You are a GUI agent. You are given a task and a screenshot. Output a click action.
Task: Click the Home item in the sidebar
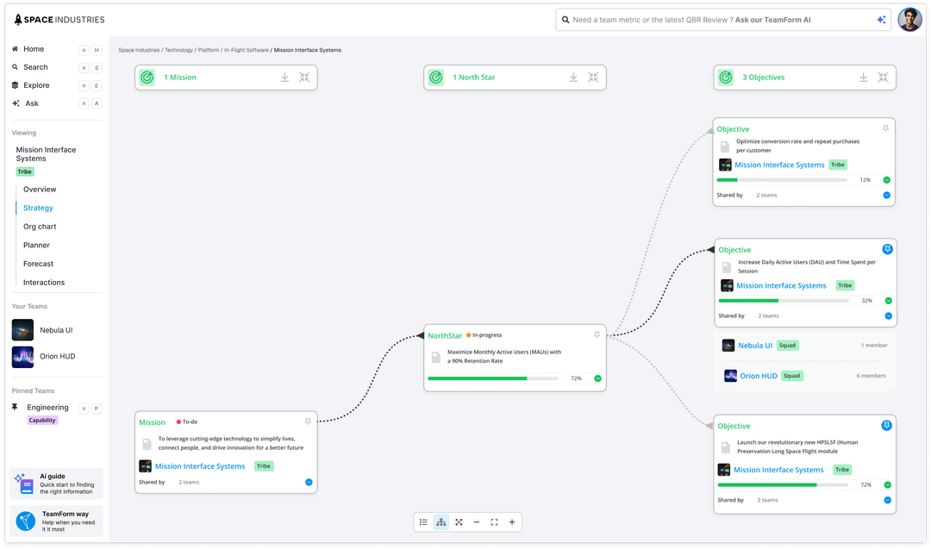click(x=34, y=49)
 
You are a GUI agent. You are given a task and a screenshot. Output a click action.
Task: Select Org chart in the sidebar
click(x=40, y=227)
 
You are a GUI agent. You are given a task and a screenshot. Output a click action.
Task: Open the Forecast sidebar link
click(x=38, y=264)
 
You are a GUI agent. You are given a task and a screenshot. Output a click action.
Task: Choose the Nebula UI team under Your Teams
click(x=56, y=330)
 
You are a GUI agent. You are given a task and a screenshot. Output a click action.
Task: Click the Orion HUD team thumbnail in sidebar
click(x=23, y=356)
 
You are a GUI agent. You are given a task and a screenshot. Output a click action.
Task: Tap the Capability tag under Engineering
click(x=42, y=421)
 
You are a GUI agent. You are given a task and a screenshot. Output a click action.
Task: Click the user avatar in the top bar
click(x=909, y=20)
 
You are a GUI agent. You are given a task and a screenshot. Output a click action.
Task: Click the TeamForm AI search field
click(x=715, y=20)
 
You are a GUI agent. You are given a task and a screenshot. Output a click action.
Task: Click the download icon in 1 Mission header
click(x=284, y=78)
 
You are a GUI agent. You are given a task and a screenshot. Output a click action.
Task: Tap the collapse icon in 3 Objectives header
click(x=883, y=78)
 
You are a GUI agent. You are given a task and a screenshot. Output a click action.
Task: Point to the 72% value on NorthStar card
click(x=576, y=378)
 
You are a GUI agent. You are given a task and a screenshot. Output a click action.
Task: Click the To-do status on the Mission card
click(x=190, y=422)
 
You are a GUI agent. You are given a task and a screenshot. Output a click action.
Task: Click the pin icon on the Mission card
click(x=308, y=422)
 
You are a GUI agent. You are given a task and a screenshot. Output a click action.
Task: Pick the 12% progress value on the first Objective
click(x=865, y=180)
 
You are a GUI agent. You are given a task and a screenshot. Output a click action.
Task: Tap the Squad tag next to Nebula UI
click(x=787, y=346)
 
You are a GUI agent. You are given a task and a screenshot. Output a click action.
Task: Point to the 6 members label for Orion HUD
click(x=871, y=376)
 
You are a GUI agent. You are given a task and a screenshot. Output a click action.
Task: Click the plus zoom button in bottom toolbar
click(x=512, y=522)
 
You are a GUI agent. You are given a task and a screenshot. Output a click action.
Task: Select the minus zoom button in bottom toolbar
click(x=477, y=522)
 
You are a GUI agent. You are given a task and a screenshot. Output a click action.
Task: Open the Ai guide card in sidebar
click(x=57, y=483)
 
